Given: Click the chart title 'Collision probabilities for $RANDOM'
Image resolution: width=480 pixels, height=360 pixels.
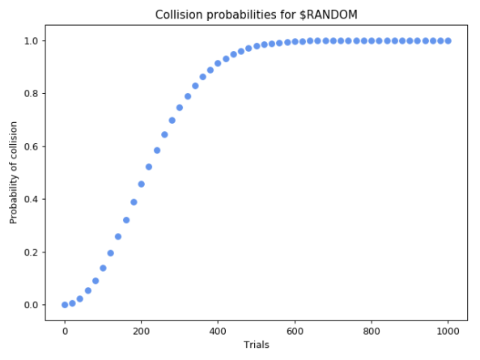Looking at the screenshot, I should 256,14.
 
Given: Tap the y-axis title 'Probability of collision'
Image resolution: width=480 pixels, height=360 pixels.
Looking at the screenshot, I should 14,173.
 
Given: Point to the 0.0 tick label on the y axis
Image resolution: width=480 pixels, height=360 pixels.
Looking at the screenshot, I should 31,305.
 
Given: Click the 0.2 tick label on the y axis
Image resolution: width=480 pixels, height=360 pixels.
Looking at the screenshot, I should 31,252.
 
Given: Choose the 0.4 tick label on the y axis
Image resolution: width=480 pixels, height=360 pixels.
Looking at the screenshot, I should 31,199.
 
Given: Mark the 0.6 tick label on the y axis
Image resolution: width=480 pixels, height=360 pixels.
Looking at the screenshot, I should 31,146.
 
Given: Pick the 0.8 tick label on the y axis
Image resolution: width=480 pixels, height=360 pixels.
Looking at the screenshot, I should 31,94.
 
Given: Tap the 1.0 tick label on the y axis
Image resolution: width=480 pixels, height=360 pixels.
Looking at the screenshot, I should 31,40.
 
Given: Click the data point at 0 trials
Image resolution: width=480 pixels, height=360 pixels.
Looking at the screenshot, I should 65,305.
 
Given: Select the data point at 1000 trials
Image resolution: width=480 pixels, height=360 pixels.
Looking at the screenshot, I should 448,40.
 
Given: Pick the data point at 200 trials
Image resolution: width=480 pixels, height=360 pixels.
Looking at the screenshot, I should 142,184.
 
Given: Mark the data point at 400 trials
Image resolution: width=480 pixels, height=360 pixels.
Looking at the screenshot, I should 218,63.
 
